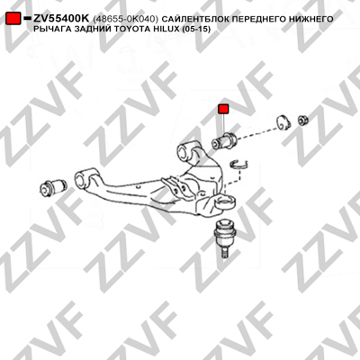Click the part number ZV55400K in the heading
61,19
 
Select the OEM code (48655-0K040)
125,19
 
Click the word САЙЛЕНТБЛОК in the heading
192,19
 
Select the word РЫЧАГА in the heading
49,29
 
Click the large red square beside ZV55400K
13,19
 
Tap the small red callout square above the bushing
223,109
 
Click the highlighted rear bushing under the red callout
225,140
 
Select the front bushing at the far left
53,186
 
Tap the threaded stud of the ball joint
224,251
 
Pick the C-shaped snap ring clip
238,165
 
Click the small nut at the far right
303,120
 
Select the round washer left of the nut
283,122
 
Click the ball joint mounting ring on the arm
225,202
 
